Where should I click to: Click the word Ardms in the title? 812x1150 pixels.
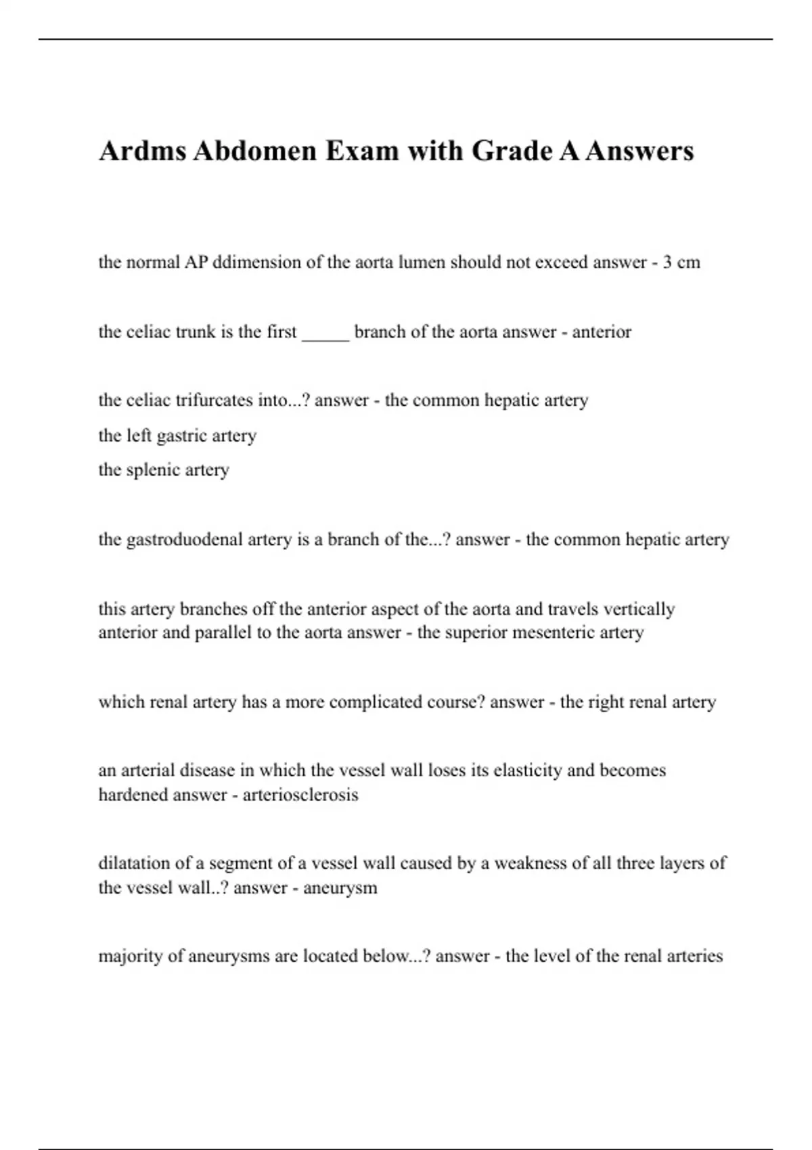tap(142, 151)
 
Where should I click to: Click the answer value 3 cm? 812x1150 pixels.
tap(681, 262)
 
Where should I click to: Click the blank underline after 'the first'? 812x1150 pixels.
tap(325, 333)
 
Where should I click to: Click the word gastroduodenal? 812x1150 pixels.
tap(185, 540)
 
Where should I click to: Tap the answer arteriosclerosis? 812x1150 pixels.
tap(300, 795)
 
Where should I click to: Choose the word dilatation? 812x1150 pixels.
tap(134, 863)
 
